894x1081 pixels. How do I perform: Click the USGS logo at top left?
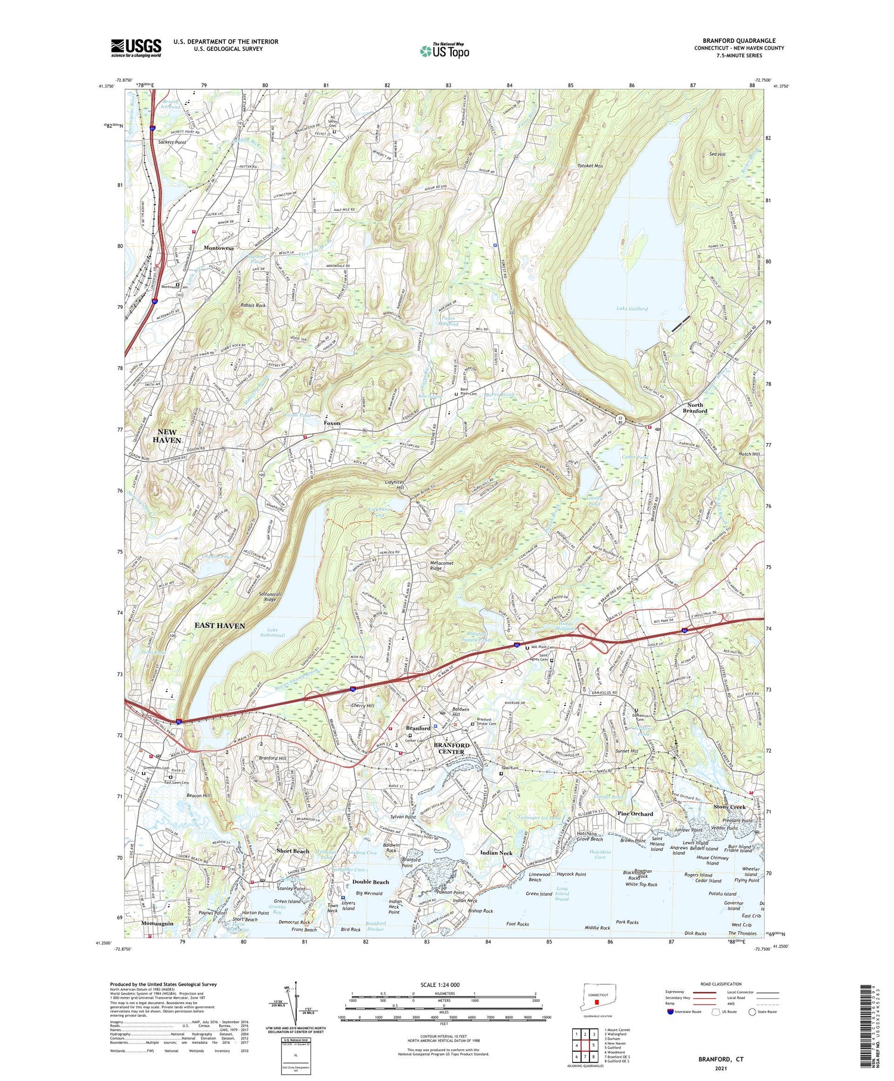[136, 48]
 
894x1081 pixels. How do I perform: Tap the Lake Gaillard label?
[632, 309]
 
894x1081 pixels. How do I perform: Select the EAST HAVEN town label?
[219, 608]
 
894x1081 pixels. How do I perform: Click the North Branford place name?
[694, 408]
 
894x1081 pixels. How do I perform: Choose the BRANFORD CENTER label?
[451, 748]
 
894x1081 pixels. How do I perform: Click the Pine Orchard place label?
[635, 814]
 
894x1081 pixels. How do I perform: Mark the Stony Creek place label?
[730, 807]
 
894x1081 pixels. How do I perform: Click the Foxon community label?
[332, 423]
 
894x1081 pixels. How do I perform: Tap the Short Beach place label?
[293, 851]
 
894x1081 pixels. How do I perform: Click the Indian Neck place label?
[496, 853]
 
